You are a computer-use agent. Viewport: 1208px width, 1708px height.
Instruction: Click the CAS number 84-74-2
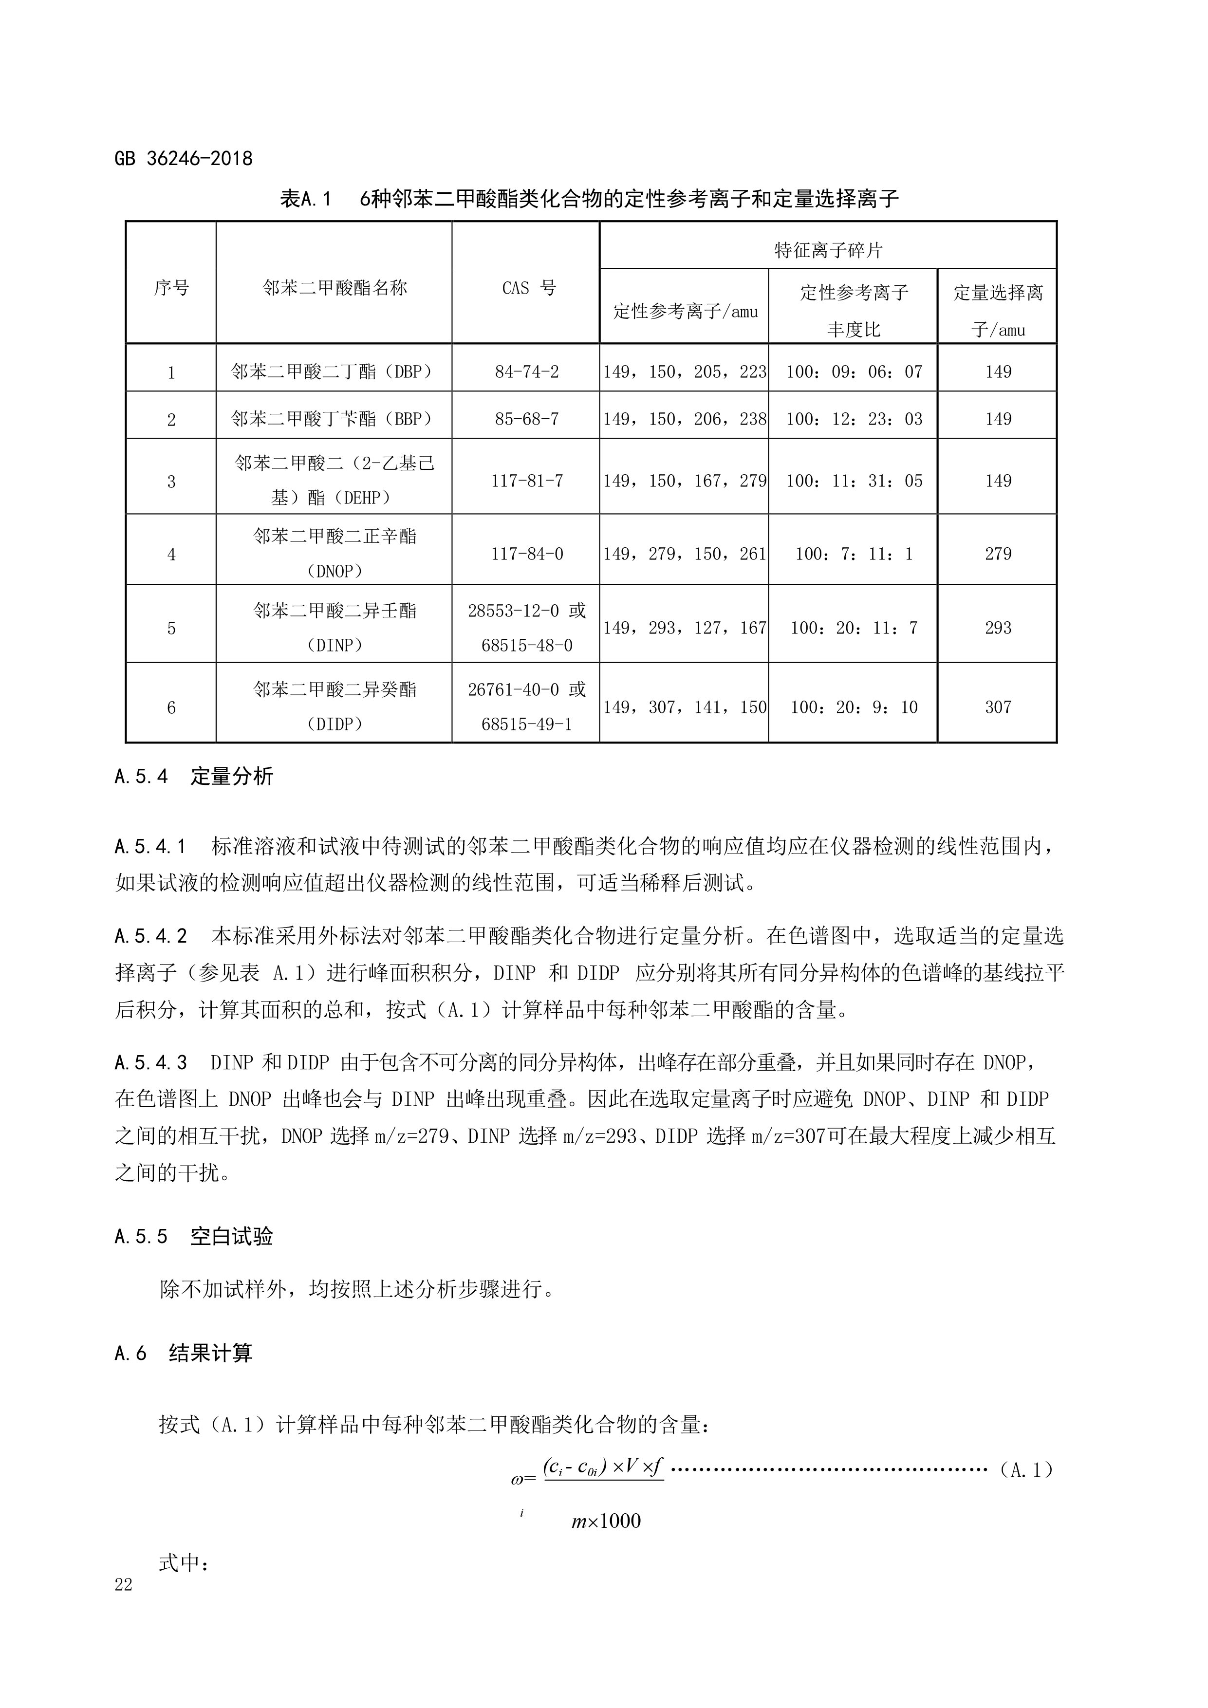tap(527, 371)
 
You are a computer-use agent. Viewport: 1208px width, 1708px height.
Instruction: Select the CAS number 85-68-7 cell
tap(527, 419)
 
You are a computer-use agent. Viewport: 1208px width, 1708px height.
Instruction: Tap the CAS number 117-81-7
tap(527, 481)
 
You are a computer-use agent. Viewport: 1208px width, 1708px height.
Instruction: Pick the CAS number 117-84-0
tap(527, 554)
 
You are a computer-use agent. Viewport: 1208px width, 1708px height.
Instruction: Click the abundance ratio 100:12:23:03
tap(854, 419)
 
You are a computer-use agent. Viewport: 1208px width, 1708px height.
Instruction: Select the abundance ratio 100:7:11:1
tap(854, 554)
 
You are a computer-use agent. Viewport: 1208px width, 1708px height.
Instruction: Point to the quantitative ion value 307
tap(998, 706)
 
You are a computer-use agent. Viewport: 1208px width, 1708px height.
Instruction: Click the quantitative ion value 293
tap(998, 628)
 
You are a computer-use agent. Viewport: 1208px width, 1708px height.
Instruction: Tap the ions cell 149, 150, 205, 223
tap(684, 371)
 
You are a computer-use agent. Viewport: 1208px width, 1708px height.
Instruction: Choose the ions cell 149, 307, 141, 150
tap(684, 706)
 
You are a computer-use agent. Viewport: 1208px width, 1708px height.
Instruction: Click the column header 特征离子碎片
tap(828, 250)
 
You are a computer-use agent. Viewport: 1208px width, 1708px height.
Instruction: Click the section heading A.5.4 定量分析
tap(194, 777)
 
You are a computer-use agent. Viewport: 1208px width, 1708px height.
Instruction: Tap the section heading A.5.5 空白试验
tap(194, 1236)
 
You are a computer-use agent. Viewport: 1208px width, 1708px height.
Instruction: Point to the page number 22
tap(124, 1584)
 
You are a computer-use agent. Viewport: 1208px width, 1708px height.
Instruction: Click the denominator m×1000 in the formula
tap(606, 1521)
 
